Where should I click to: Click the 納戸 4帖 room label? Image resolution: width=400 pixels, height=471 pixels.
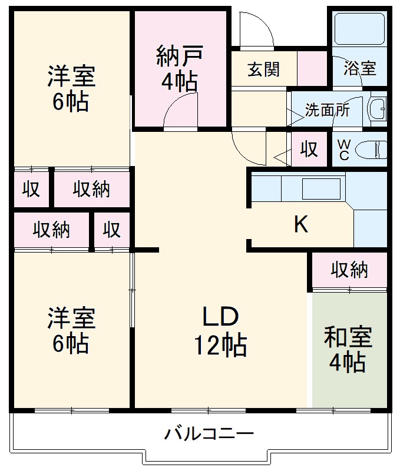tap(180, 68)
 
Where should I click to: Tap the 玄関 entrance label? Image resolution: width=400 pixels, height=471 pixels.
tap(263, 69)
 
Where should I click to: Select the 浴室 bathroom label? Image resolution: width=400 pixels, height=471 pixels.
tap(359, 68)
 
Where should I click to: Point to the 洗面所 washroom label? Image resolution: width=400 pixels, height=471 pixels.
tap(326, 110)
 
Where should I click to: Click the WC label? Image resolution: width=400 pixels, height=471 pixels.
tap(343, 150)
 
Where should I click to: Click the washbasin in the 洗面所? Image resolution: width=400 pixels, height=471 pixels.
tap(376, 109)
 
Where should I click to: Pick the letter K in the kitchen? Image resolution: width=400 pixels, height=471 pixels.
tap(301, 224)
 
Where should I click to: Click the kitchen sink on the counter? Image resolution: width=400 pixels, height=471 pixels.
tap(320, 189)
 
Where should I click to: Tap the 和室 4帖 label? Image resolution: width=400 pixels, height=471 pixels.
tap(348, 350)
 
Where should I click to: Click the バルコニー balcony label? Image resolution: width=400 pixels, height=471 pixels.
tap(209, 435)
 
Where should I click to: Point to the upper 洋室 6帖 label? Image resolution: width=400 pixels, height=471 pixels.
tap(71, 88)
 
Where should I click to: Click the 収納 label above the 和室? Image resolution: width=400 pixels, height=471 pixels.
tap(349, 270)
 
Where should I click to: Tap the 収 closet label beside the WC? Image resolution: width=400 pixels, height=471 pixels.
tap(309, 148)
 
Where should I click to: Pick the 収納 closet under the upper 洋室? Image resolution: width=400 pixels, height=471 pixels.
tap(91, 189)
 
